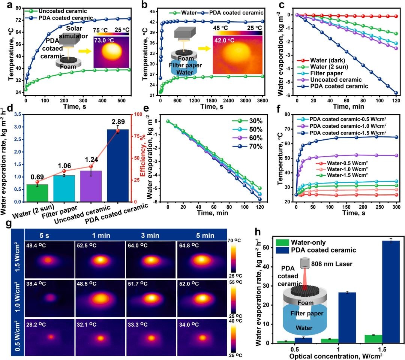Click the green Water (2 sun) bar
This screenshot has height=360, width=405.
pos(37,193)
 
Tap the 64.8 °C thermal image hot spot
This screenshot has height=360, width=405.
pos(201,259)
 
